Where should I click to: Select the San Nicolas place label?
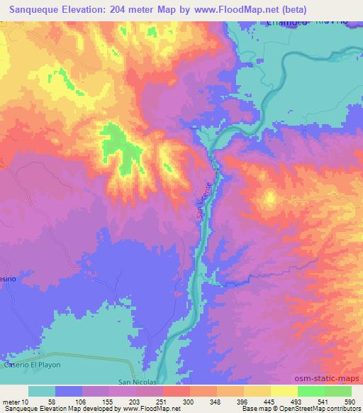[132, 380]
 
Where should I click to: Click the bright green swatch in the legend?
[311, 391]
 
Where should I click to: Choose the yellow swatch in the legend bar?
[284, 391]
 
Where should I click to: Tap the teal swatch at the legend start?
[42, 391]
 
